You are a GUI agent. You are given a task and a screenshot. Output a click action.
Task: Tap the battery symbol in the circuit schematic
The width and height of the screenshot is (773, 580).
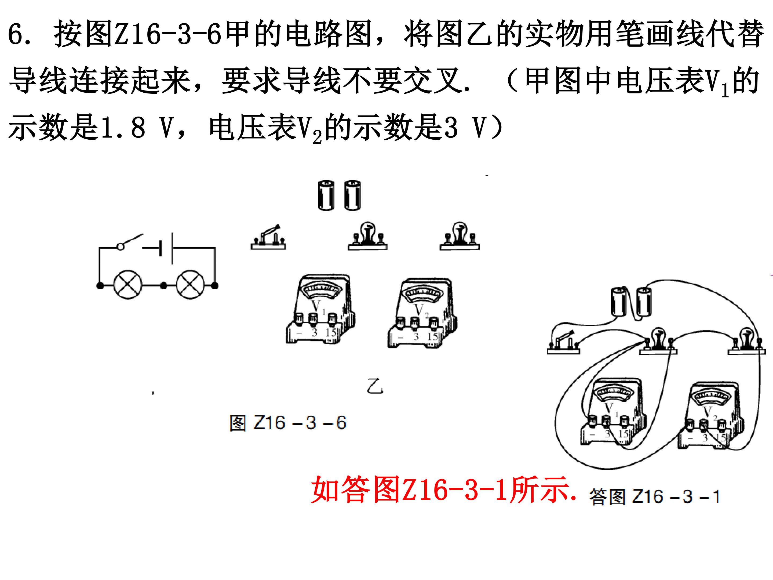pyautogui.click(x=166, y=248)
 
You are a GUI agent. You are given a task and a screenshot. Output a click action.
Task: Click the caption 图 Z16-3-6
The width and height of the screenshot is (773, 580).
pyautogui.click(x=288, y=423)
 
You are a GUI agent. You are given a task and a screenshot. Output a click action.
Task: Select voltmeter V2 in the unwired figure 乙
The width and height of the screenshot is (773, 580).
pyautogui.click(x=422, y=312)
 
